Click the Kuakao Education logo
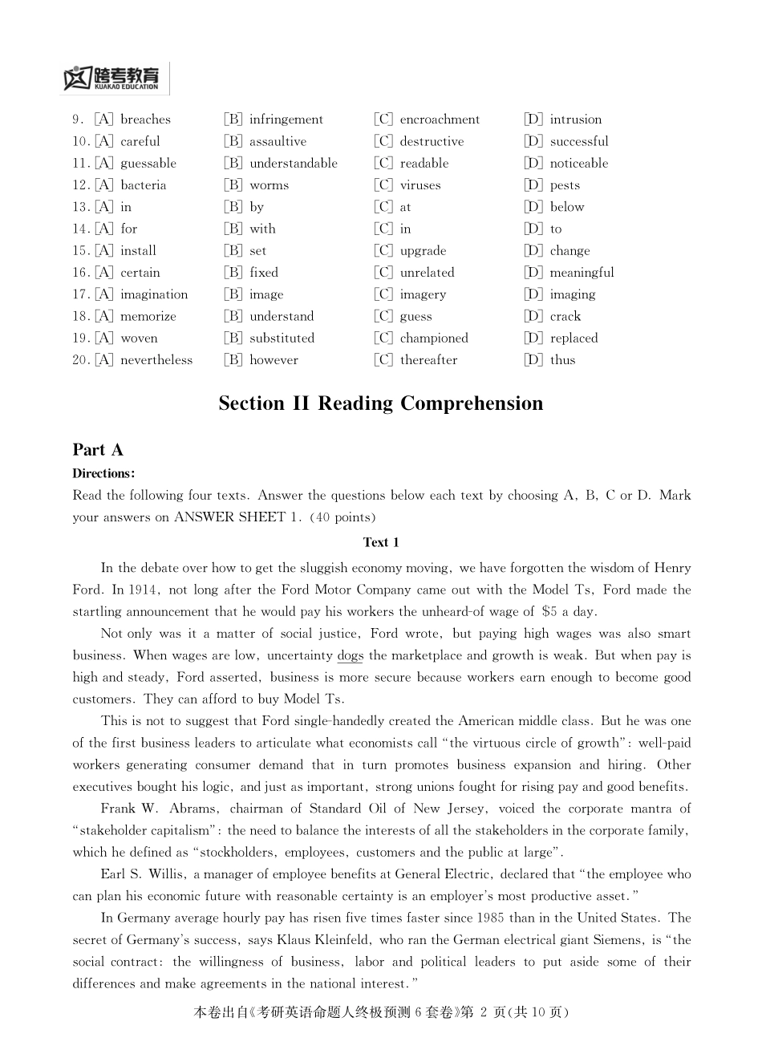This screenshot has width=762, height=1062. click(111, 78)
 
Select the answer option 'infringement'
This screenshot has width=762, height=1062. click(286, 120)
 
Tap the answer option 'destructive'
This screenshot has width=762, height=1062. click(432, 141)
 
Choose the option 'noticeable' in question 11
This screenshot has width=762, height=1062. click(578, 163)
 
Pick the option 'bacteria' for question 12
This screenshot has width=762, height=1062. click(143, 185)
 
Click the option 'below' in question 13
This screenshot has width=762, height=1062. click(566, 207)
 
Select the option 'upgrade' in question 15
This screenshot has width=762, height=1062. click(423, 251)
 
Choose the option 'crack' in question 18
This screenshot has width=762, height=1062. click(565, 316)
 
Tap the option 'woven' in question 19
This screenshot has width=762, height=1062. click(139, 338)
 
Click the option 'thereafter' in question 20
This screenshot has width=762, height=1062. click(428, 360)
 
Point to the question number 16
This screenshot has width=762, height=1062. click(80, 273)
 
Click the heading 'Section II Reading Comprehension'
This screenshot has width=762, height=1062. click(380, 403)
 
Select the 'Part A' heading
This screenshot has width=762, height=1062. click(98, 450)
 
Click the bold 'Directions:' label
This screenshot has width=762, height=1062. click(103, 473)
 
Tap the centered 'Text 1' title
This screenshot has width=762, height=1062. click(381, 542)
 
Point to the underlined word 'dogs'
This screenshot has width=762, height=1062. click(350, 655)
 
